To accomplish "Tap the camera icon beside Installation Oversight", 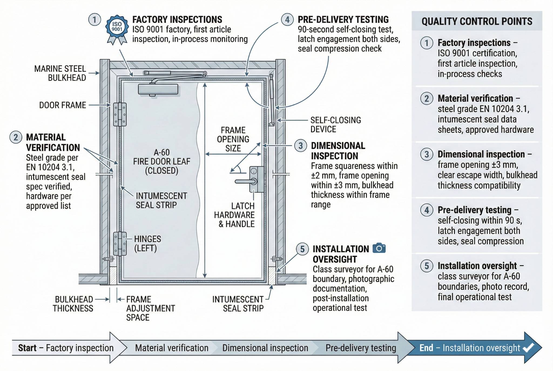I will click(x=379, y=248).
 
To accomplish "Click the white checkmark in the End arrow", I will click(x=528, y=347).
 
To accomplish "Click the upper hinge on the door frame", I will click(x=120, y=114).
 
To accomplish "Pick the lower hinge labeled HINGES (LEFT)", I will click(x=120, y=243).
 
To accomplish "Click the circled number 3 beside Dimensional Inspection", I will click(x=301, y=146).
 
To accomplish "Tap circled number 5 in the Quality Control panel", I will click(x=427, y=266).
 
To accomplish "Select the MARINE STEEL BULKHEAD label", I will click(x=60, y=73).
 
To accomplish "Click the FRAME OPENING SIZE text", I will click(x=233, y=139).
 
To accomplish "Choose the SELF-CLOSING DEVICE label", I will click(x=335, y=125).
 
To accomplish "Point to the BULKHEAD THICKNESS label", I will click(x=73, y=304).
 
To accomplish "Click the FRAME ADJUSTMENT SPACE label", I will click(x=150, y=308).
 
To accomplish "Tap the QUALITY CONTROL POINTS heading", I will click(x=477, y=21).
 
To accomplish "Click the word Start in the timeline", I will click(x=27, y=348).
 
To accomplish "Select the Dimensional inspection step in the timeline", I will click(x=265, y=348).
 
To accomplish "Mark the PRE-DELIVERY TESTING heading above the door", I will click(x=343, y=19).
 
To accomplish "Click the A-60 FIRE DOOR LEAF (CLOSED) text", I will click(x=161, y=162).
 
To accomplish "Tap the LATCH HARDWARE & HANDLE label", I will click(x=235, y=215).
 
